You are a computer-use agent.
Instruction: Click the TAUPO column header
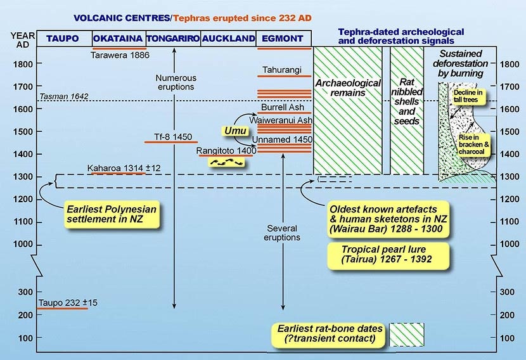tap(63, 39)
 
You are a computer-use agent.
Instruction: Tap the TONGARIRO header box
tap(173, 39)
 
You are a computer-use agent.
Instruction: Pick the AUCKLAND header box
tap(229, 39)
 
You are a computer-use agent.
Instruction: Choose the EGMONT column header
tap(283, 39)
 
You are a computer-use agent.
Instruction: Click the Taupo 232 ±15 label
tap(63, 302)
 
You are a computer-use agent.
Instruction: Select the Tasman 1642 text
tap(63, 96)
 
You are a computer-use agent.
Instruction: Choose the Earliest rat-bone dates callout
tap(330, 334)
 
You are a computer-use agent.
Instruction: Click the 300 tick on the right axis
tap(508, 292)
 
